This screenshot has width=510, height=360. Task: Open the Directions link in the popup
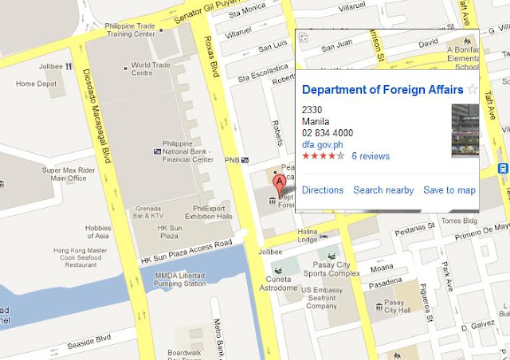322,190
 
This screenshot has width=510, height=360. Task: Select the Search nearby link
383,190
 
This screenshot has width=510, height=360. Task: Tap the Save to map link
449,190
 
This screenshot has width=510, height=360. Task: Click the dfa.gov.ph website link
322,145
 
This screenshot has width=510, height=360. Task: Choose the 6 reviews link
371,156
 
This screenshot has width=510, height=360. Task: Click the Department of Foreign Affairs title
382,90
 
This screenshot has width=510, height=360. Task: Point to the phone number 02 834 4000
328,133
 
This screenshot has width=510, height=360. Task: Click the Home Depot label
37,84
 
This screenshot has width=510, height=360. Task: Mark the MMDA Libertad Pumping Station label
174,279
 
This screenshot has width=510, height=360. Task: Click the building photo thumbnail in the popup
465,131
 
